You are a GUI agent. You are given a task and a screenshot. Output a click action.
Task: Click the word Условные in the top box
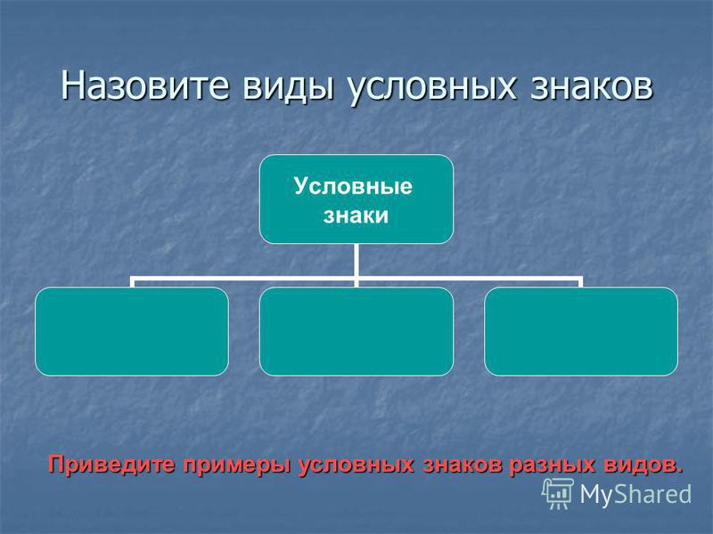[353, 186]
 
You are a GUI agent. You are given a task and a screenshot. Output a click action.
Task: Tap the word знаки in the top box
[356, 215]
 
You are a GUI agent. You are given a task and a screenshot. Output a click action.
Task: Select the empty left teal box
[132, 331]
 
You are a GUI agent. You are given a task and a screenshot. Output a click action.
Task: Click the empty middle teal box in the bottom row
[356, 331]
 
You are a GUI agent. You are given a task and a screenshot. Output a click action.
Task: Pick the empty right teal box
[581, 331]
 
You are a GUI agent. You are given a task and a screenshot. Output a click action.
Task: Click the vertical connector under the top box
[356, 260]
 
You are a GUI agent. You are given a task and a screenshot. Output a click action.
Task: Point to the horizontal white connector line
[356, 277]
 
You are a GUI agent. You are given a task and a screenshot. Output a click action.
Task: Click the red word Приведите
[111, 465]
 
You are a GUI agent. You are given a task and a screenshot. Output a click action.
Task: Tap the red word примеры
[237, 466]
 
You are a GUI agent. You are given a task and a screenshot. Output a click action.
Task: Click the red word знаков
[463, 465]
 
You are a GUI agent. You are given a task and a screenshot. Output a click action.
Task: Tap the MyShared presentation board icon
[558, 494]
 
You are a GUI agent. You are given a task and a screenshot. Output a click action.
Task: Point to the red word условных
[356, 466]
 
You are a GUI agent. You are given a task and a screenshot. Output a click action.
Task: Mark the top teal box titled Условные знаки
[356, 198]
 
